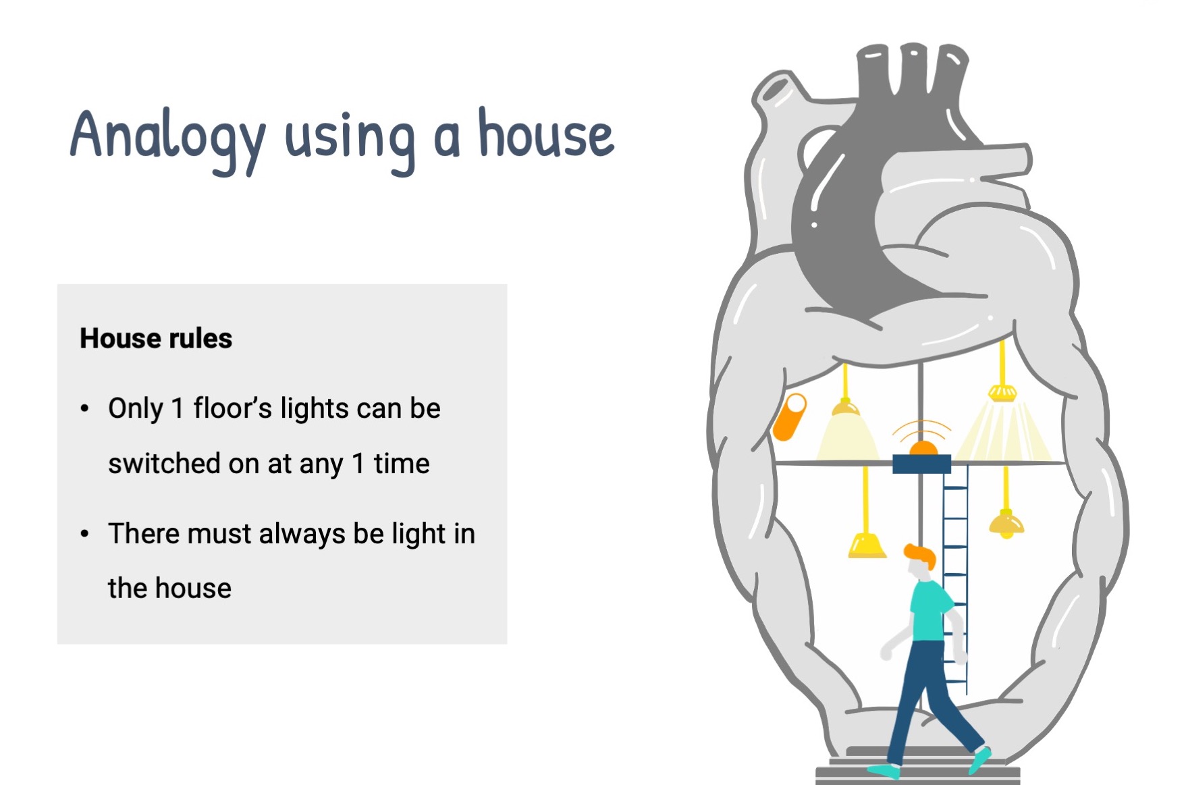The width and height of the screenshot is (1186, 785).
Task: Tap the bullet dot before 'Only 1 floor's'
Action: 84,408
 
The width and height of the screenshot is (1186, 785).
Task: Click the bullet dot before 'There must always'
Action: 84,534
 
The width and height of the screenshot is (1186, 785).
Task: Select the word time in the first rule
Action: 402,464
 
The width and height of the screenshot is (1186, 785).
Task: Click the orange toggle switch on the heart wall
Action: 790,416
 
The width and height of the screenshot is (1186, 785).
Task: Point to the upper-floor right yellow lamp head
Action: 1002,393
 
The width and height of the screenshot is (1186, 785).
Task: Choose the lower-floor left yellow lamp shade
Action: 867,545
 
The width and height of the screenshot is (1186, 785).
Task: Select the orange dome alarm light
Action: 923,448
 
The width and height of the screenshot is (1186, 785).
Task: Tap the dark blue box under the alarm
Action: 921,464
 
